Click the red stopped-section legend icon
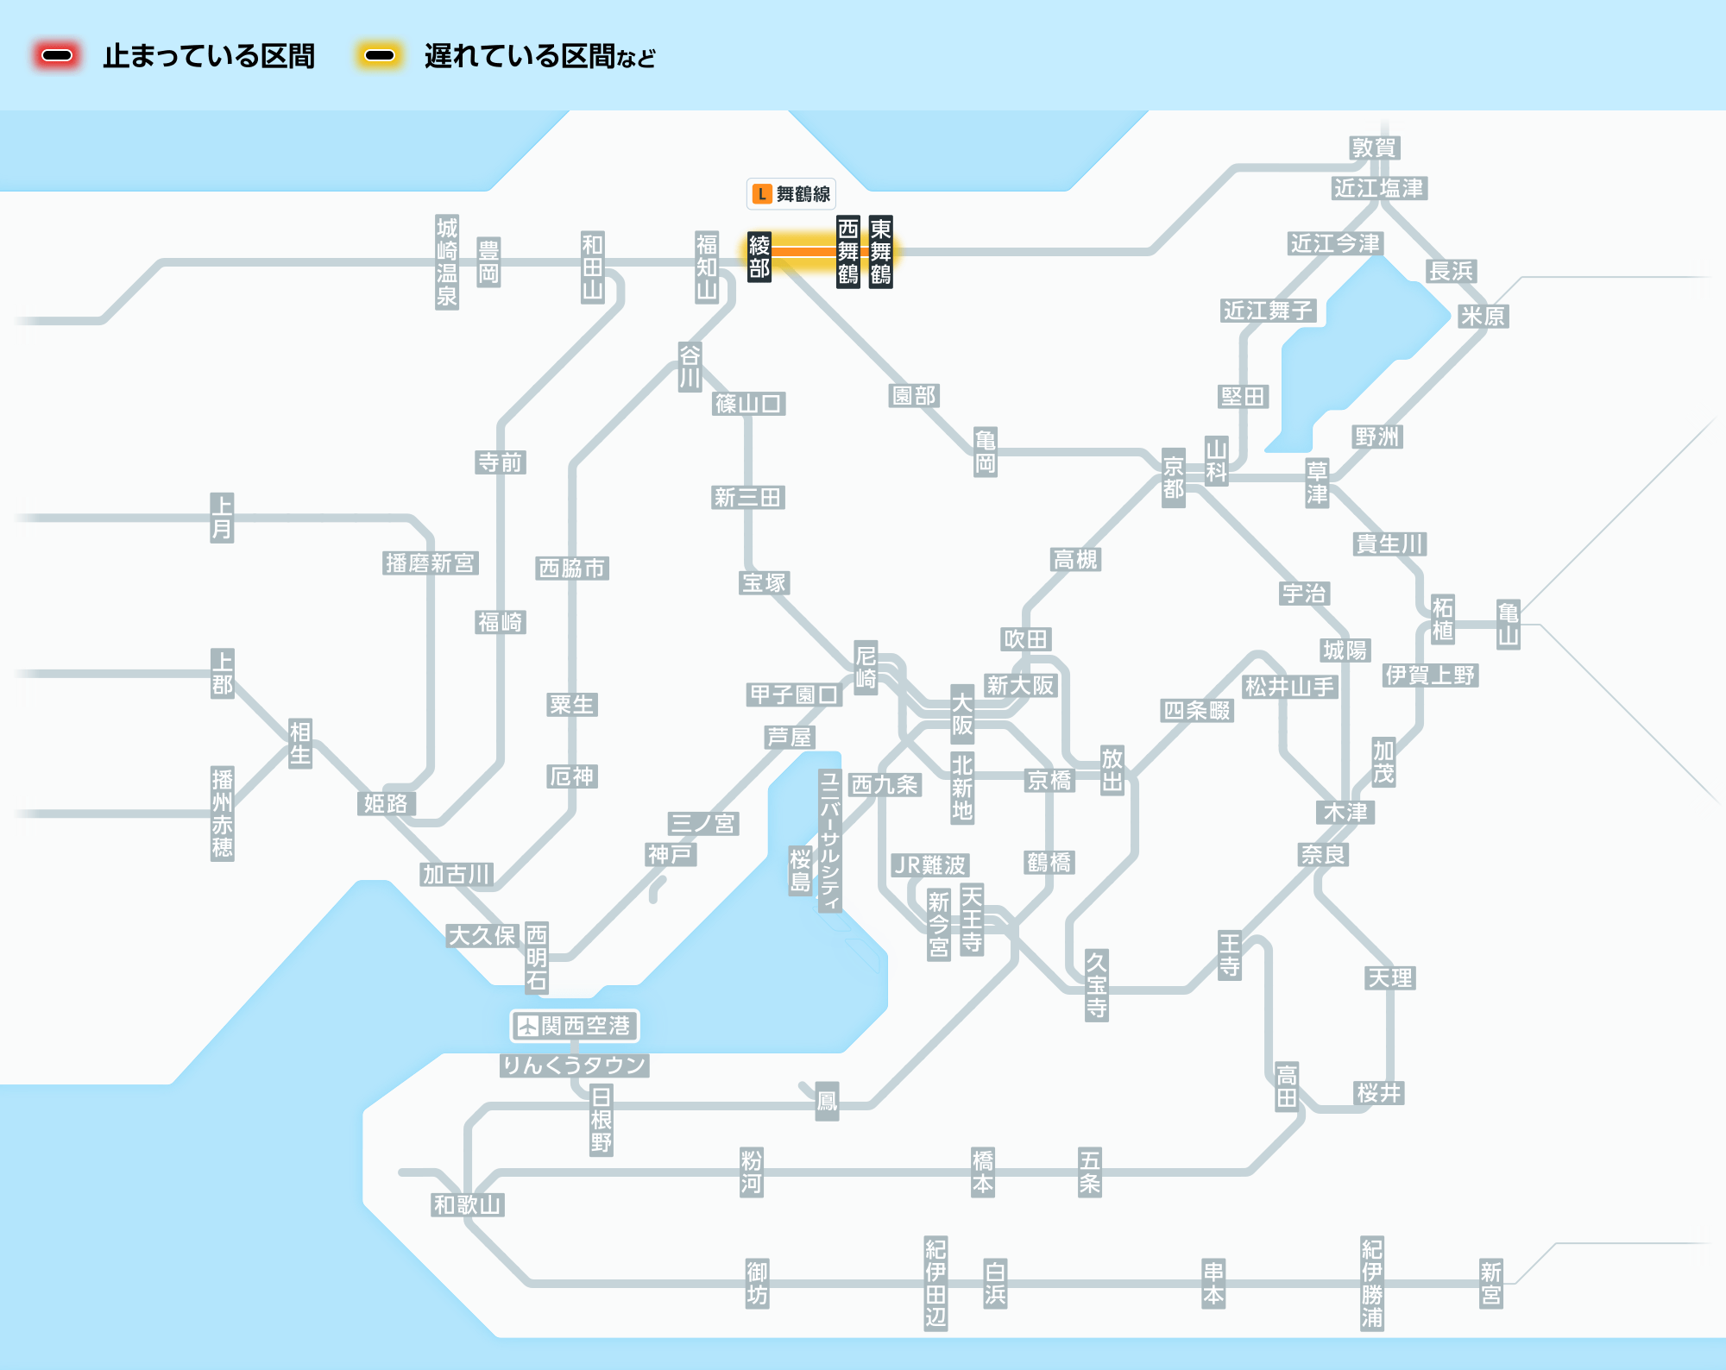coord(57,56)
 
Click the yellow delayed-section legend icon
coord(380,56)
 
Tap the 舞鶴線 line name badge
coord(791,194)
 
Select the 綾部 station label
coord(759,256)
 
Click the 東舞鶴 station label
coord(880,251)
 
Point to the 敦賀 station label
coord(1374,148)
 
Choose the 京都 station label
coord(1174,478)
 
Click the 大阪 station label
coord(962,714)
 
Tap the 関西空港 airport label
coord(575,1026)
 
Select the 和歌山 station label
coord(468,1205)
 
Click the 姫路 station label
coord(386,804)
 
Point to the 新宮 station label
coord(1491,1284)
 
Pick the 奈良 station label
coord(1324,855)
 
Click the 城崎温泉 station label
coord(447,262)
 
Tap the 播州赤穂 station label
coord(223,814)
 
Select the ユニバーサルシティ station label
coord(830,841)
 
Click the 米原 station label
coord(1483,317)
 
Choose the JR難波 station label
coord(930,865)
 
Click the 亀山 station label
coord(1509,625)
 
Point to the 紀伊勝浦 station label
coord(1372,1284)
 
